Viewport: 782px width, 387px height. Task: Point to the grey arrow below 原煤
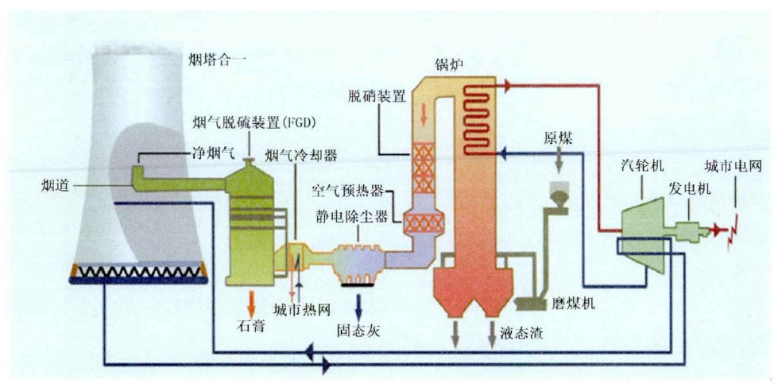[560, 161]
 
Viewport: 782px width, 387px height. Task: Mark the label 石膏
[251, 326]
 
